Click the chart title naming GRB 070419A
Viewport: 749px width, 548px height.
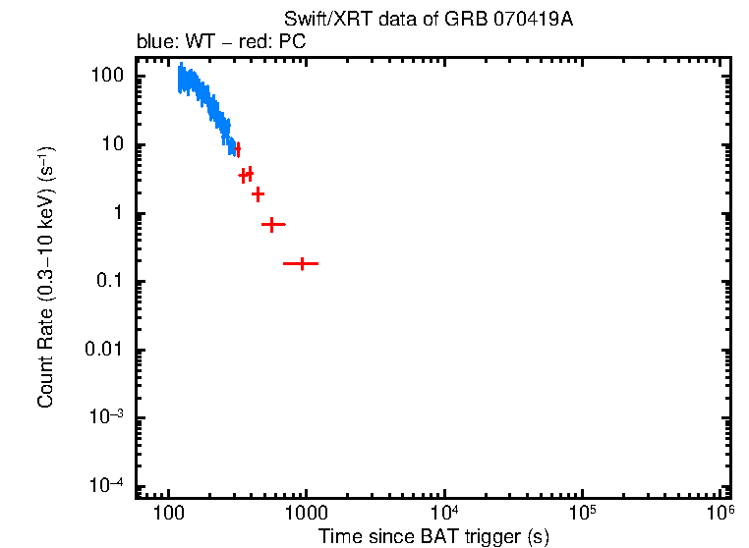click(x=428, y=20)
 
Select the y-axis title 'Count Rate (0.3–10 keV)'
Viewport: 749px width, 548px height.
click(x=46, y=277)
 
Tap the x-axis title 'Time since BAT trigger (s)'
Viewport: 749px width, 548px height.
click(x=432, y=536)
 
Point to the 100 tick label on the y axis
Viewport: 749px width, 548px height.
click(x=105, y=77)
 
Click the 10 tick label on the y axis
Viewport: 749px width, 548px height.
click(x=110, y=145)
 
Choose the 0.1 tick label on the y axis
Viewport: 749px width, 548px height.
click(x=107, y=283)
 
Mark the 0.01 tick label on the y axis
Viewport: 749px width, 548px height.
click(x=102, y=351)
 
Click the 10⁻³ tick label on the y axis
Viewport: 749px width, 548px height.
click(x=104, y=418)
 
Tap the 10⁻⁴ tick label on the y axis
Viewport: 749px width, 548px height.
click(x=104, y=486)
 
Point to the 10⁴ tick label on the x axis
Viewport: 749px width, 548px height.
click(x=444, y=513)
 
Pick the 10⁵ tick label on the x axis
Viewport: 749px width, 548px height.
click(x=582, y=513)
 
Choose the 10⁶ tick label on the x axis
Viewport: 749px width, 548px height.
click(x=720, y=513)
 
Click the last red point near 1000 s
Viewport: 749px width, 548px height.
click(x=302, y=263)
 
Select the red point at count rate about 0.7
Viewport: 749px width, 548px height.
click(x=271, y=225)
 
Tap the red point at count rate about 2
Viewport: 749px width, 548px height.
click(x=258, y=193)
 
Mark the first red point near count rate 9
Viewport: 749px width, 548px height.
click(x=238, y=148)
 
